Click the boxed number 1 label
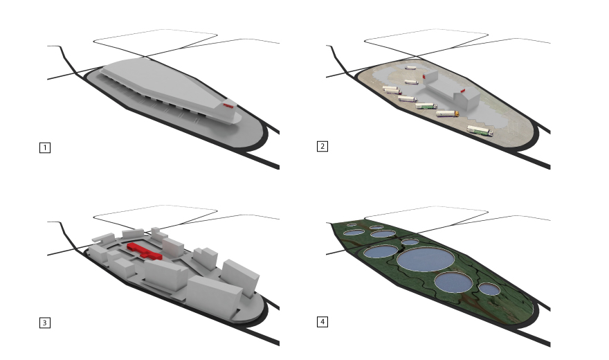(45, 147)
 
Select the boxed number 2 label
(322, 146)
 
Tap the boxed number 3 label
(45, 323)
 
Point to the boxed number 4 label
(322, 321)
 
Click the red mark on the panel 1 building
(228, 105)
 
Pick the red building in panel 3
(145, 251)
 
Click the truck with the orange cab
(447, 114)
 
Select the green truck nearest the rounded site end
(480, 130)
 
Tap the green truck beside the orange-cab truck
(426, 106)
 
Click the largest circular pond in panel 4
(426, 260)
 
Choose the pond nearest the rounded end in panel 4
(489, 289)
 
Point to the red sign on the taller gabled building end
(463, 91)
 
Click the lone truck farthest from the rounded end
(410, 68)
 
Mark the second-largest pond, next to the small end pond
(454, 282)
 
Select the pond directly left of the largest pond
(381, 251)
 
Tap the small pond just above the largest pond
(410, 242)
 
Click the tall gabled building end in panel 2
(468, 99)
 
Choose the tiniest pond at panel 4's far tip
(352, 224)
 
